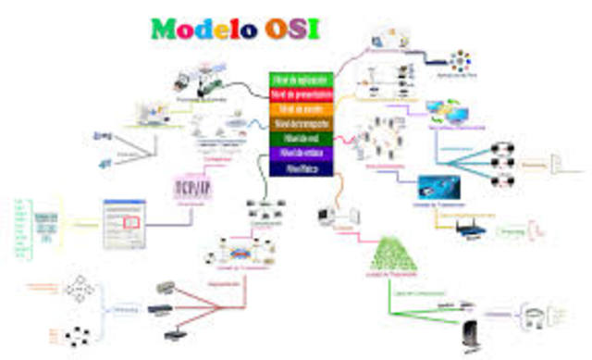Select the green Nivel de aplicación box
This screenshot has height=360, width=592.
pos(300,80)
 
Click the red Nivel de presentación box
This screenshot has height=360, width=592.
pos(300,94)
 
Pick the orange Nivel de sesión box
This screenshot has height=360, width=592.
pos(300,109)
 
